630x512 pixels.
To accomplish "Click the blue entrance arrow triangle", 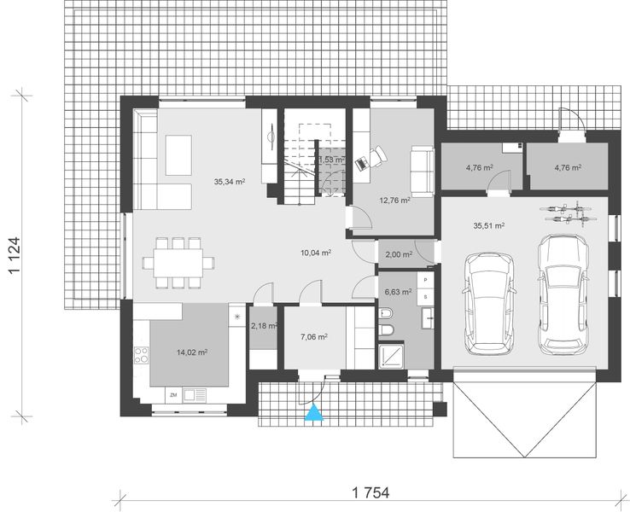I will point(315,414).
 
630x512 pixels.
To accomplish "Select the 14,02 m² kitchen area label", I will point(192,351).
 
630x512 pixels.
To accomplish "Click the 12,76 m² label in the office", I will point(393,201).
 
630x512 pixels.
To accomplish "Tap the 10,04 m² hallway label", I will point(315,253).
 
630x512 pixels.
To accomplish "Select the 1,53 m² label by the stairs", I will point(330,160).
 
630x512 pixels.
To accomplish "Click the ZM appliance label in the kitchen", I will point(173,394).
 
